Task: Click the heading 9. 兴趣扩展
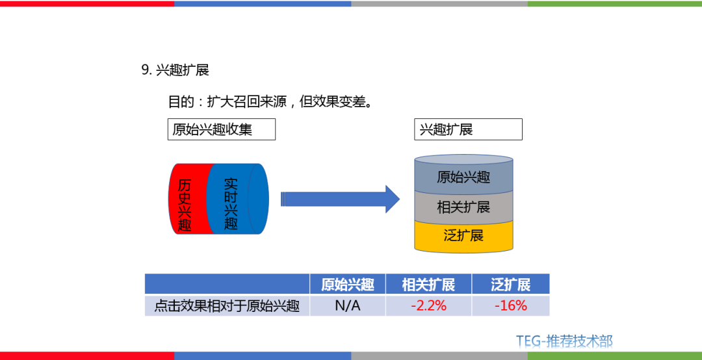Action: click(175, 70)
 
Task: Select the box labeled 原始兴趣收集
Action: click(221, 129)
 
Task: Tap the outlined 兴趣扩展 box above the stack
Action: click(468, 129)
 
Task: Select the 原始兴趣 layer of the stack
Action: click(463, 177)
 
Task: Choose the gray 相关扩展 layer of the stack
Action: click(463, 207)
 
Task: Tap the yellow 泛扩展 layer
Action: click(463, 235)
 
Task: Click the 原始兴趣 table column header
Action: click(348, 284)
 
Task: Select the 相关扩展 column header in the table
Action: click(428, 284)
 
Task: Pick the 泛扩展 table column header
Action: click(511, 284)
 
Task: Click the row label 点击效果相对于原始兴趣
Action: click(227, 306)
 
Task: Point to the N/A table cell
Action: click(348, 306)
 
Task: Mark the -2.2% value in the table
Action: click(428, 306)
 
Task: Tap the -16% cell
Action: click(511, 306)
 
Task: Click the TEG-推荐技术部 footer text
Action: click(564, 341)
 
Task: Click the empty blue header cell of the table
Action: click(227, 284)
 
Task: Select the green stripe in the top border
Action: click(614, 3)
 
